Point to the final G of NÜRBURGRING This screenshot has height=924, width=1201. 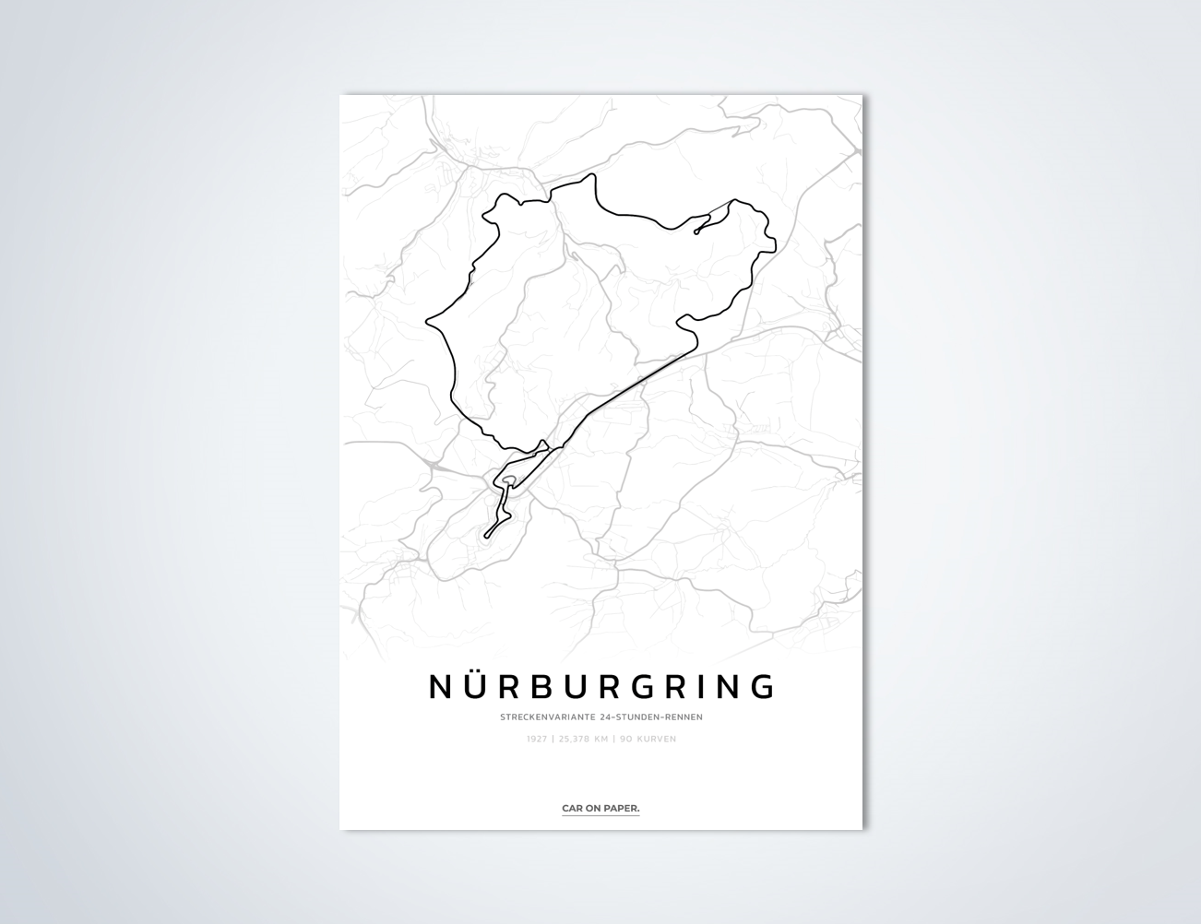762,687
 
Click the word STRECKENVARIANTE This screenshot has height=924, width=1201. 545,717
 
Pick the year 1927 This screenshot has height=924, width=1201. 537,739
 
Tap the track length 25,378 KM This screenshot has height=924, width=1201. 583,739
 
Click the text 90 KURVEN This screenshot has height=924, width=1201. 648,739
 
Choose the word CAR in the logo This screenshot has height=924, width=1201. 572,809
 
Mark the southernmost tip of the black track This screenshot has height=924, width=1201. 487,536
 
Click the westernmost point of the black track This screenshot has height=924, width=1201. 427,323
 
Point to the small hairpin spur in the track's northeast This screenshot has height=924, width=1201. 697,231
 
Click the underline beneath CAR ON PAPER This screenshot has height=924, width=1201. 600,816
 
